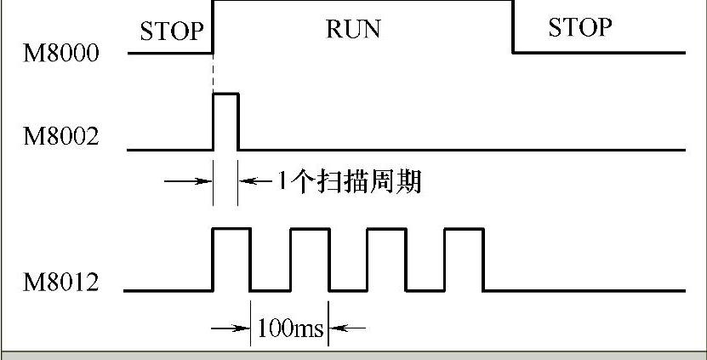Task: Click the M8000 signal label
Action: click(x=61, y=54)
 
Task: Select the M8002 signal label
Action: click(x=61, y=135)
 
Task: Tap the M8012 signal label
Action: click(x=61, y=282)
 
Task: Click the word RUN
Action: click(x=353, y=29)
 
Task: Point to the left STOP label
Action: click(x=172, y=31)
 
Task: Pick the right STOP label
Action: click(x=579, y=27)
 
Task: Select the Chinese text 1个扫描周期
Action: click(x=349, y=181)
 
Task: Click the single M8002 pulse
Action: click(x=225, y=121)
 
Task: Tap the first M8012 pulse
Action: click(x=231, y=258)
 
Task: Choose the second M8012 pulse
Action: click(x=309, y=258)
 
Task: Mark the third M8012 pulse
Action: click(x=386, y=258)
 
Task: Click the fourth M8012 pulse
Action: click(x=465, y=258)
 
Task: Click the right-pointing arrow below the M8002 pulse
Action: click(x=188, y=180)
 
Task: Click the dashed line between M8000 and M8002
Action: click(x=213, y=72)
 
